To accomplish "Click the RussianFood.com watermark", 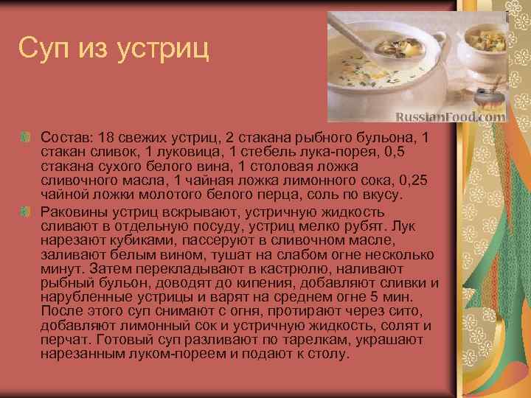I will pyautogui.click(x=451, y=116).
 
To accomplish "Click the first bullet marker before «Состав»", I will pyautogui.click(x=26, y=138).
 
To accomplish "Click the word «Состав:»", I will pyautogui.click(x=64, y=138).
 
